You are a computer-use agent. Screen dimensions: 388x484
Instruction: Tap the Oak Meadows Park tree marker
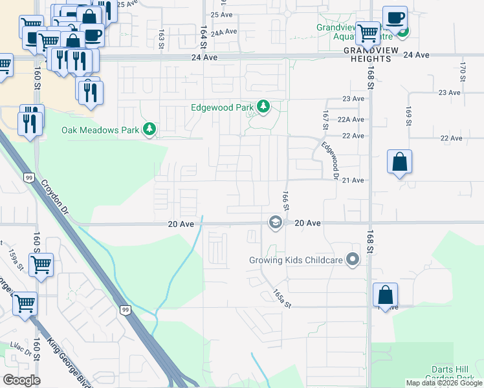(x=150, y=130)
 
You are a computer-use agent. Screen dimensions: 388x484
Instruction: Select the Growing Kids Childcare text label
(x=294, y=261)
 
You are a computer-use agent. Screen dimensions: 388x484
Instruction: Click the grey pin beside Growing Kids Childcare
(x=353, y=260)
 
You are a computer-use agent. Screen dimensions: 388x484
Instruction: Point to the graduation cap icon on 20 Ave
(x=275, y=222)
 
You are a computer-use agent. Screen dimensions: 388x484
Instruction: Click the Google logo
(x=21, y=380)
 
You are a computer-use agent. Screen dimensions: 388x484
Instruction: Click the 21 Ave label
(x=353, y=180)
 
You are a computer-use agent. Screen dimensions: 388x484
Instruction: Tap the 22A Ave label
(x=353, y=120)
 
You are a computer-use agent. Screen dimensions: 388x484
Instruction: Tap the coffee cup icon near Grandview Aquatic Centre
(x=394, y=17)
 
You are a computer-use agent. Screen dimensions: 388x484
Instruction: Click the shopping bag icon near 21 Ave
(x=400, y=162)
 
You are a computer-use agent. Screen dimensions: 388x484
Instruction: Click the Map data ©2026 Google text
(x=445, y=383)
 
